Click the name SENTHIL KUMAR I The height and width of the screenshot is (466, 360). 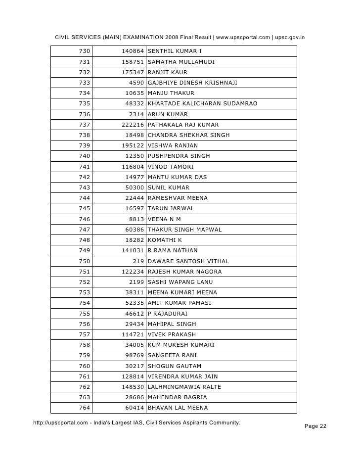click(x=175, y=51)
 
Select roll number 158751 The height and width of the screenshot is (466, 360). click(x=133, y=62)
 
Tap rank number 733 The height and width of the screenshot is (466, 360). click(x=84, y=83)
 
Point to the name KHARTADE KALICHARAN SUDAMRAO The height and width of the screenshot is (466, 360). click(x=202, y=104)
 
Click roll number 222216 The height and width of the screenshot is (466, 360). click(x=133, y=125)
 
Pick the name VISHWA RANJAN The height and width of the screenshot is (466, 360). click(x=173, y=145)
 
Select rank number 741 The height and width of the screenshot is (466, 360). click(x=84, y=167)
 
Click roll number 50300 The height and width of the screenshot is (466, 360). click(x=135, y=187)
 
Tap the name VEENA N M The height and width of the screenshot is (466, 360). click(x=164, y=219)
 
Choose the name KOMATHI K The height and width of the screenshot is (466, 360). click(x=165, y=240)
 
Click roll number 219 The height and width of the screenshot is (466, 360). click(x=138, y=261)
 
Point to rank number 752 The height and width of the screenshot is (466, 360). click(x=84, y=282)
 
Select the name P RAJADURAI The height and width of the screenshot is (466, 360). click(x=167, y=314)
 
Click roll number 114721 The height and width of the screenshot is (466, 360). click(x=133, y=334)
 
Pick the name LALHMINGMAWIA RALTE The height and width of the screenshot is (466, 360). click(x=184, y=387)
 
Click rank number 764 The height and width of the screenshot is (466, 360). click(x=84, y=408)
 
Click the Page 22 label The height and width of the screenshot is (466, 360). click(x=313, y=426)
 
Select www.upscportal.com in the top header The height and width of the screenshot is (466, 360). click(x=242, y=37)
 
